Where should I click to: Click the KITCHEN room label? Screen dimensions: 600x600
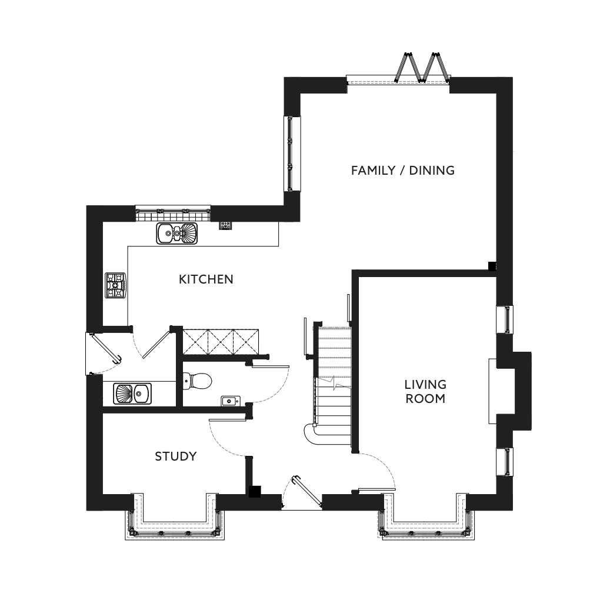point(206,279)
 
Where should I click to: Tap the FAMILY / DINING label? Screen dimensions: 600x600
point(403,170)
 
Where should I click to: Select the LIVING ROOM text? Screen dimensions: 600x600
point(425,391)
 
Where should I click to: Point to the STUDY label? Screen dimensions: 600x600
point(176,456)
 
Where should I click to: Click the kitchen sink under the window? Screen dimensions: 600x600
point(177,234)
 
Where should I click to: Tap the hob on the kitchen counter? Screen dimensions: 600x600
point(115,285)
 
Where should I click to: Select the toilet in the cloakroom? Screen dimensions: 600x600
point(198,381)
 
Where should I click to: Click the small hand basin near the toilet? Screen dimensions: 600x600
point(231,401)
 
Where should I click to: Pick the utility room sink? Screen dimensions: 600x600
point(132,394)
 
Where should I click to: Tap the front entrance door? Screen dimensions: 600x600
point(307,492)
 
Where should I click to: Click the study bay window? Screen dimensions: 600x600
point(175,517)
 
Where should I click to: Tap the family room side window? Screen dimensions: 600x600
point(292,154)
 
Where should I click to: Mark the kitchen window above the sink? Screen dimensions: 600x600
point(173,213)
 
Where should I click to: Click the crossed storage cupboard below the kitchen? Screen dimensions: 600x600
point(221,342)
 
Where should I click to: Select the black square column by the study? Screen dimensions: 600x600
point(255,492)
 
